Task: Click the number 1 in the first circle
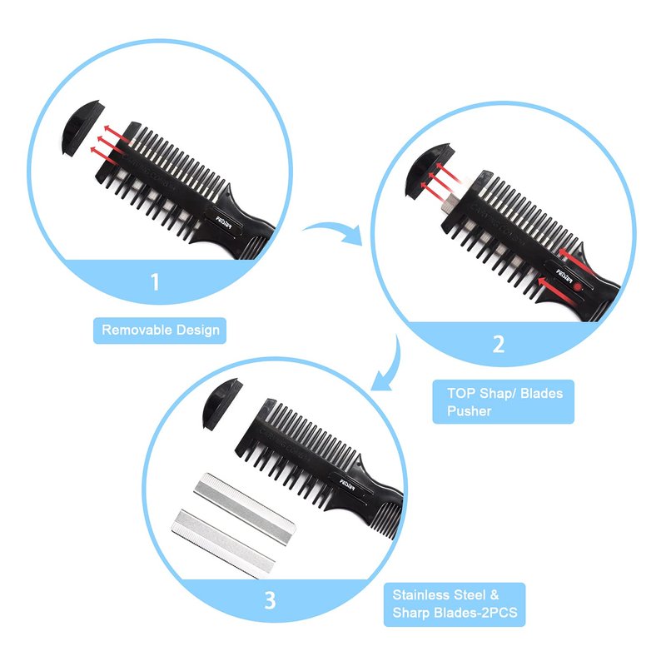coord(155,281)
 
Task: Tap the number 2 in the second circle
coord(499,344)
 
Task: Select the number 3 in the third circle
coord(270,600)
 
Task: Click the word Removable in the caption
coord(137,330)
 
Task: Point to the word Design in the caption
coord(198,331)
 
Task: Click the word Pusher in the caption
coord(469,411)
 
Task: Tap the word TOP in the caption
coord(461,393)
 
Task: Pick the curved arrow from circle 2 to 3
coord(390,365)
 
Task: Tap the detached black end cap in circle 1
coord(82,127)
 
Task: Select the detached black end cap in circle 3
coord(221,404)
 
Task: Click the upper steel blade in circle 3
coord(244,509)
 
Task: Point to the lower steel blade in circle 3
coord(223,544)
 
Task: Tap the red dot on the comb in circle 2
coord(576,286)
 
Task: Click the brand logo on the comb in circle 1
coord(225,221)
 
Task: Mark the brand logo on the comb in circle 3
coord(347,484)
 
